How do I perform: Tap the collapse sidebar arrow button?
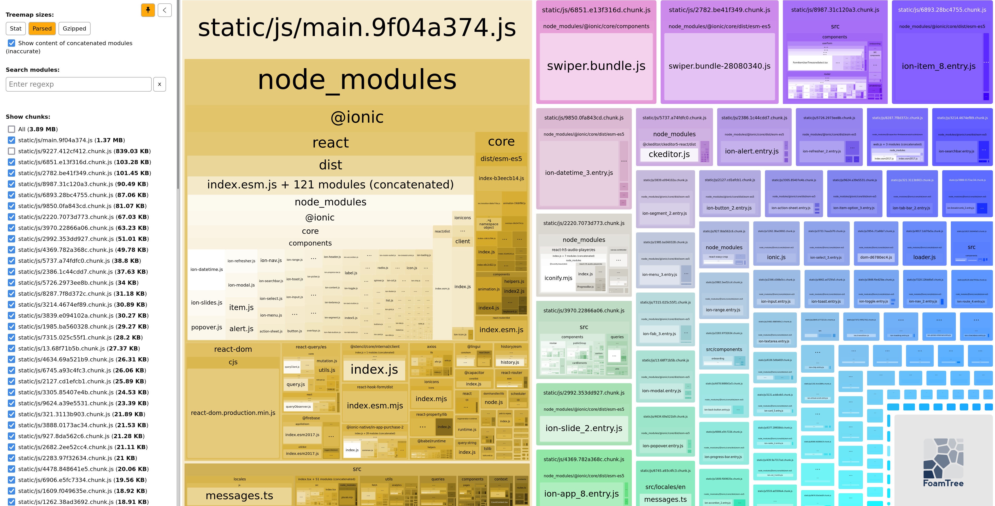click(x=164, y=10)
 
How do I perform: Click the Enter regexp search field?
click(x=78, y=84)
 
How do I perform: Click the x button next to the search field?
click(x=160, y=84)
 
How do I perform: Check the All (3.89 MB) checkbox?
click(x=11, y=129)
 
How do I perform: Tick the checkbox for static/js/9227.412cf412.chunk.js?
click(x=11, y=151)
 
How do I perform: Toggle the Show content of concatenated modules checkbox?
click(x=11, y=43)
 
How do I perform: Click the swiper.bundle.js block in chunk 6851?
click(x=596, y=66)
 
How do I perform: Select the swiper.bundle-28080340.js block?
click(x=719, y=66)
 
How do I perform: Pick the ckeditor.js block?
click(x=669, y=154)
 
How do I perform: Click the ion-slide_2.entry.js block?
click(x=584, y=428)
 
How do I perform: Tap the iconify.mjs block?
click(x=558, y=278)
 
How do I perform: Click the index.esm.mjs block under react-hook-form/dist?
click(x=375, y=406)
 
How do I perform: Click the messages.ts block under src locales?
click(x=239, y=496)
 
